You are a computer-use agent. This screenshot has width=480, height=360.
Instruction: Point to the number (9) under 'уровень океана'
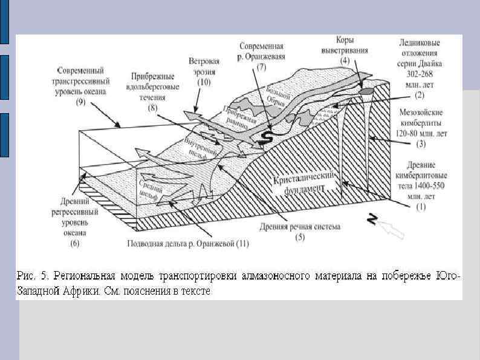(80, 102)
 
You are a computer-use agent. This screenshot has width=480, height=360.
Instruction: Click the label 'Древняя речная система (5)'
(300, 232)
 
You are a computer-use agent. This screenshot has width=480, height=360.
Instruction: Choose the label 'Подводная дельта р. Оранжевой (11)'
(188, 244)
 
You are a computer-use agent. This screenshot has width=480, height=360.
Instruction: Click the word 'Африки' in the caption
(77, 290)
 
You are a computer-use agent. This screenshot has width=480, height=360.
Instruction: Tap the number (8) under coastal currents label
(152, 107)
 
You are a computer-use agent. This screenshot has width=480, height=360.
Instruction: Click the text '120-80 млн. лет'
(421, 133)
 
